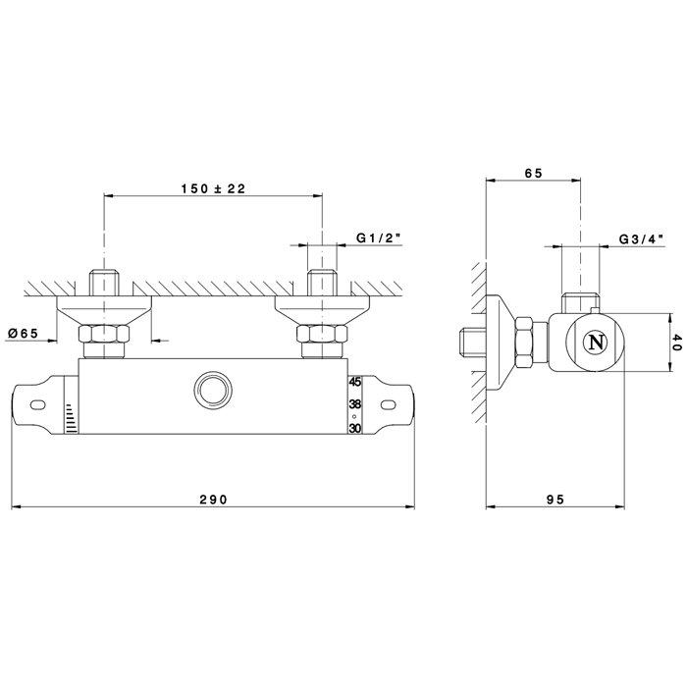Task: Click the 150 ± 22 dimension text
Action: [213, 188]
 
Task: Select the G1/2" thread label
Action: [379, 238]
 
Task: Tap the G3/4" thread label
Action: [641, 238]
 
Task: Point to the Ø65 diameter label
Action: [23, 333]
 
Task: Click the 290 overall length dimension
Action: [213, 499]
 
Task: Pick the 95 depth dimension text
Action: [555, 499]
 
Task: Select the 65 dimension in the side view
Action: [533, 173]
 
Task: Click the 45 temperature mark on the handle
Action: [355, 382]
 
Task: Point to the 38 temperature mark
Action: [355, 404]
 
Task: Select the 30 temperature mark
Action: [355, 428]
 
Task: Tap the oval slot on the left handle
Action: [37, 404]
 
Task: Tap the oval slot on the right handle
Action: [389, 405]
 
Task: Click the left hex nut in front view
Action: [104, 334]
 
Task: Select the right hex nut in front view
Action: [322, 334]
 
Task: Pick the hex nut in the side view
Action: [524, 343]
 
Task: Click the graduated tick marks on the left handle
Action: [71, 418]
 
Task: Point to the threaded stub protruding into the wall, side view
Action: [473, 343]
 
